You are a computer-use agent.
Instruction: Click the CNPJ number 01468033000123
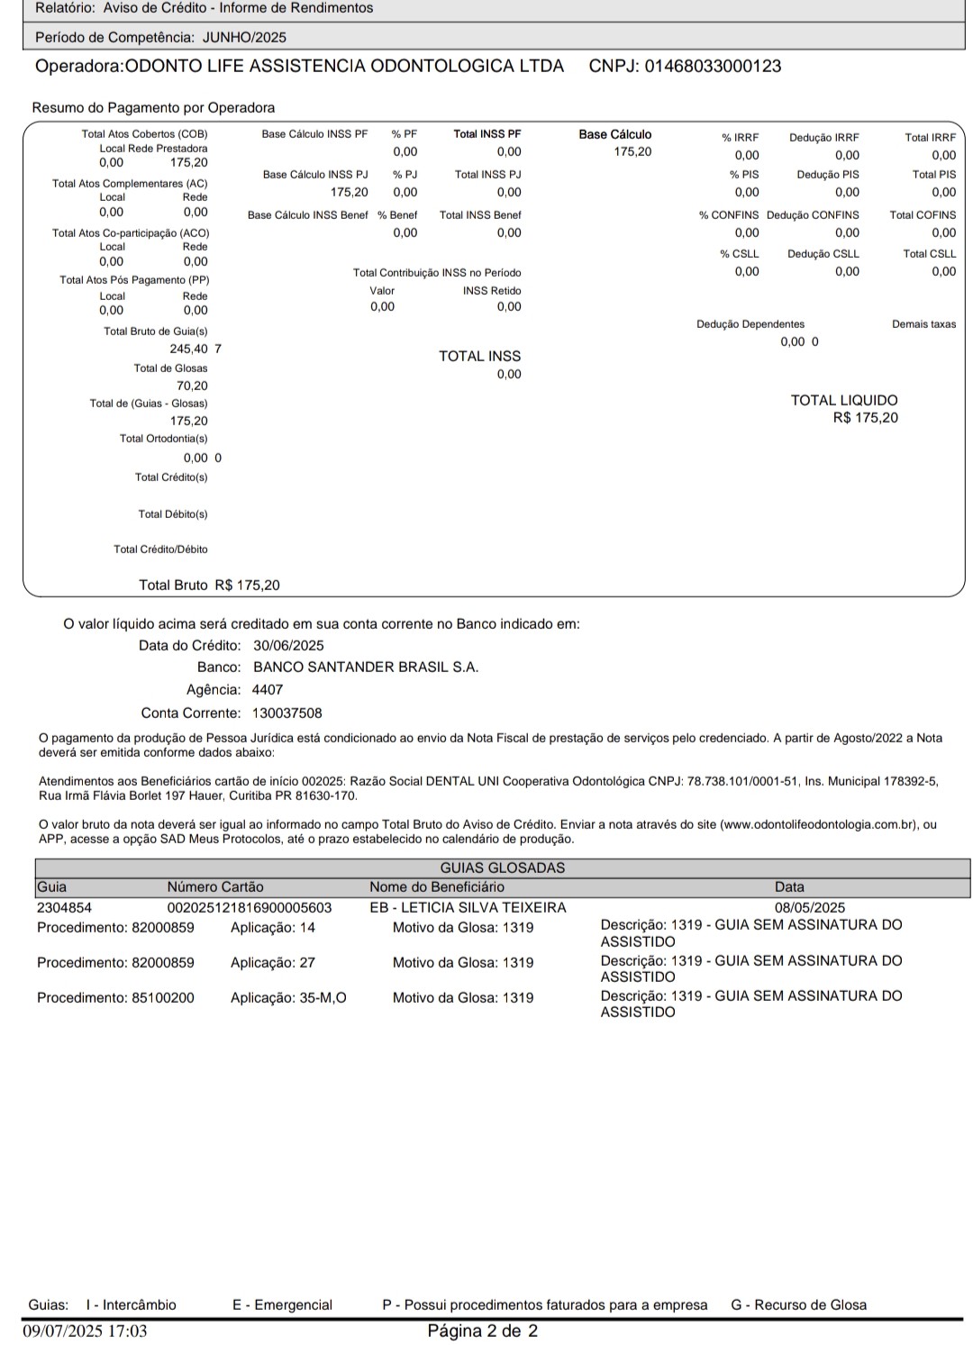click(x=713, y=67)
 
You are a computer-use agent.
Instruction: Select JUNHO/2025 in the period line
click(x=244, y=38)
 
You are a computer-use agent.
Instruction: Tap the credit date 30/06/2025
click(x=288, y=646)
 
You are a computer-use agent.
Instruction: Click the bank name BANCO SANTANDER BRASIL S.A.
click(x=366, y=668)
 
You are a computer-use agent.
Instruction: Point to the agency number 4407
click(x=268, y=690)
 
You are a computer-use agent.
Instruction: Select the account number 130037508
click(x=286, y=713)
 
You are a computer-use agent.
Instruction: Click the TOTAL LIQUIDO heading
click(x=844, y=401)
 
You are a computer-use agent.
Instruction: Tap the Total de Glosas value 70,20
click(x=192, y=386)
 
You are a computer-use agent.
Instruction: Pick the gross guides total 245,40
click(x=188, y=350)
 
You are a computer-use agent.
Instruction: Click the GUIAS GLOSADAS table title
click(x=502, y=868)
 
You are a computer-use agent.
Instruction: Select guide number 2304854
click(x=64, y=908)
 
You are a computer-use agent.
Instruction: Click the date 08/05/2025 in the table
click(x=810, y=908)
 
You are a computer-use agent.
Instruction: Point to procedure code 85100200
click(x=163, y=998)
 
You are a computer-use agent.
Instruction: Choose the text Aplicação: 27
click(x=273, y=963)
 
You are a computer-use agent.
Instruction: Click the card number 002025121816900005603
click(x=250, y=908)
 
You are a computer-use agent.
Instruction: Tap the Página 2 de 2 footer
click(x=482, y=1331)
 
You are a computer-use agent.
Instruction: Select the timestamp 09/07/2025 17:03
click(x=85, y=1331)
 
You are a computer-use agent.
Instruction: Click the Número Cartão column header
click(x=215, y=887)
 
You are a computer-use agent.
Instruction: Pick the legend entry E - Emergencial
click(x=282, y=1305)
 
